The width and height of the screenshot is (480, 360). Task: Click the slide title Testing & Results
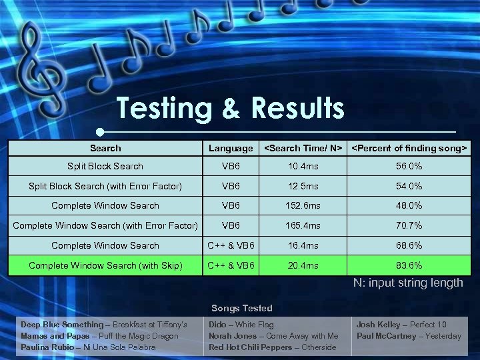coord(230,108)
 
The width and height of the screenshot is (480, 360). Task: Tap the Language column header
coord(231,148)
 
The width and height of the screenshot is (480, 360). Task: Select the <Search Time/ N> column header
coord(303,147)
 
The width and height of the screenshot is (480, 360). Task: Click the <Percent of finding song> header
coord(409,147)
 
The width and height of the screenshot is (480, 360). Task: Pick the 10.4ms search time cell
coord(303,166)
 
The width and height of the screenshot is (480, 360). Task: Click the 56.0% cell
coord(409,166)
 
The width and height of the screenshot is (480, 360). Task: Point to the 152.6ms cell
coord(303,206)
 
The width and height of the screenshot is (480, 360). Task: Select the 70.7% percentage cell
coord(409,226)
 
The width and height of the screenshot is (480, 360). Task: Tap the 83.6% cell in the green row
coord(409,265)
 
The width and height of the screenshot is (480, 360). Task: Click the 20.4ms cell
coord(303,265)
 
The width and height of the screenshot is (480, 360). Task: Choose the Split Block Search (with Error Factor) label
coord(105,186)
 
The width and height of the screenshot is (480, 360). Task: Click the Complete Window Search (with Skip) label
coord(105,265)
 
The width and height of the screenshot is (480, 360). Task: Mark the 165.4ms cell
coord(303,226)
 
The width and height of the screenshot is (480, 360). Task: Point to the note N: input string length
coord(408,283)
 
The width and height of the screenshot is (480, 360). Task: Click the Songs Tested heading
coord(242,308)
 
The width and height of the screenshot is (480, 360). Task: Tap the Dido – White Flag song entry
coord(241,325)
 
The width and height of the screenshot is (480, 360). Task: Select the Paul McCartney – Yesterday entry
coord(409,336)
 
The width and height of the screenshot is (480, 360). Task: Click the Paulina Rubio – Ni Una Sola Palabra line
coord(88,347)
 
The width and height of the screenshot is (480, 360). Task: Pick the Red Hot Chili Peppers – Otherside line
coord(273,347)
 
